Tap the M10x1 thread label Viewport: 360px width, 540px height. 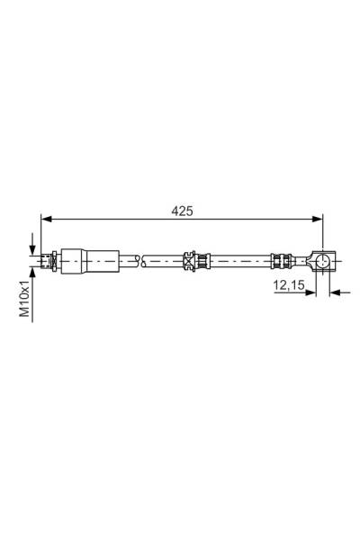click(26, 297)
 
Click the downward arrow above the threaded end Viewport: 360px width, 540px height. click(33, 247)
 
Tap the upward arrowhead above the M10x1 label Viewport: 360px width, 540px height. click(33, 273)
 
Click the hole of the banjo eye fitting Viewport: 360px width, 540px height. click(323, 262)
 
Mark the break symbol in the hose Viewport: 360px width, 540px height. click(138, 262)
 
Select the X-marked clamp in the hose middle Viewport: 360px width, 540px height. click(190, 262)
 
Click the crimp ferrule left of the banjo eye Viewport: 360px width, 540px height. click(280, 262)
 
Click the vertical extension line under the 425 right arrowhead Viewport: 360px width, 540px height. click(322, 236)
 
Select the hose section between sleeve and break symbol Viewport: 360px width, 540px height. click(127, 262)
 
